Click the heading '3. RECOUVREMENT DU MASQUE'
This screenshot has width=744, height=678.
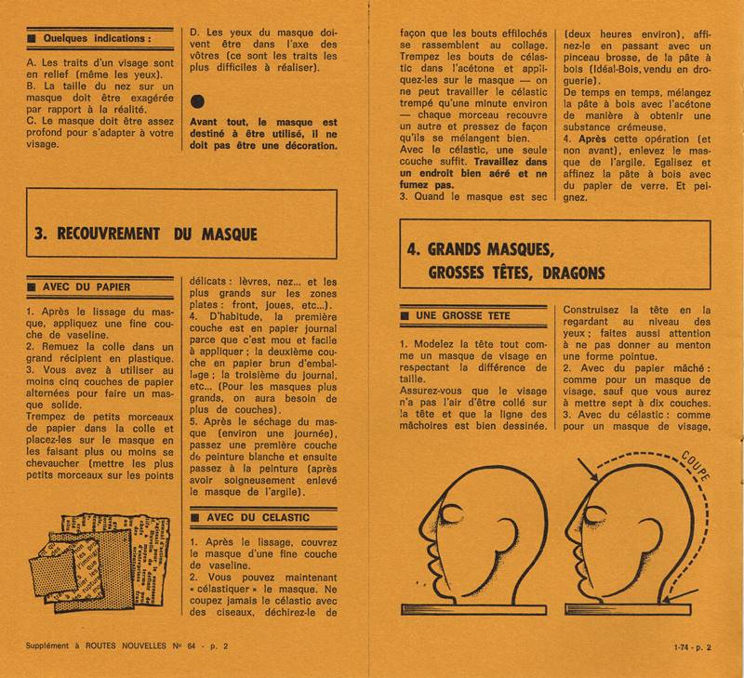145,234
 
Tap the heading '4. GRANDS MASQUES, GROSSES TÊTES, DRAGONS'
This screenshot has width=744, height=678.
505,261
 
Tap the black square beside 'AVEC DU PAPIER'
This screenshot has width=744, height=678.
33,286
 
